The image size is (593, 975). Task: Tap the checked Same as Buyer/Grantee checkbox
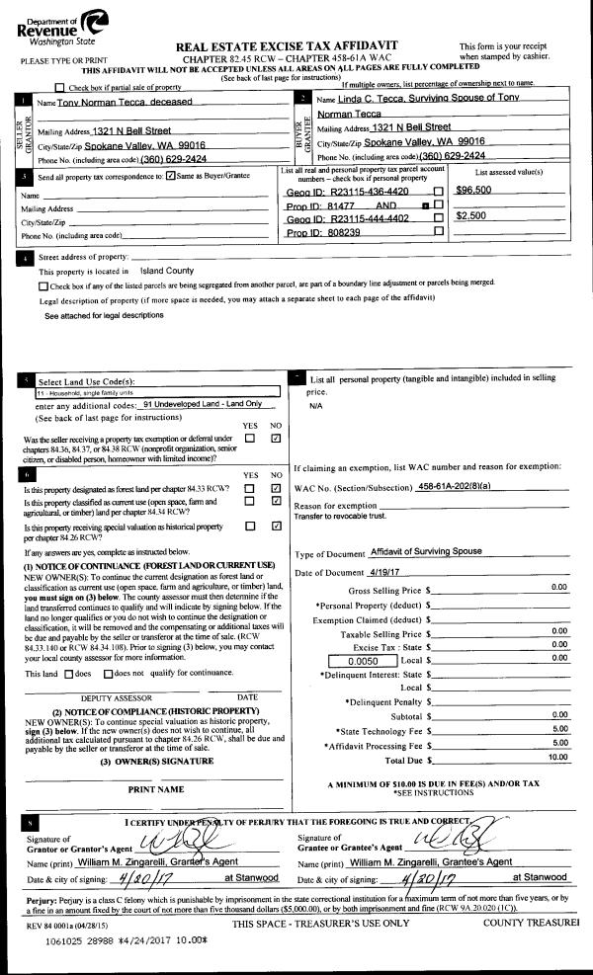point(172,176)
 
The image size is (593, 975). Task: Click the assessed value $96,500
point(474,190)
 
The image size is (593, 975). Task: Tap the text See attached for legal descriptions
point(104,316)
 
